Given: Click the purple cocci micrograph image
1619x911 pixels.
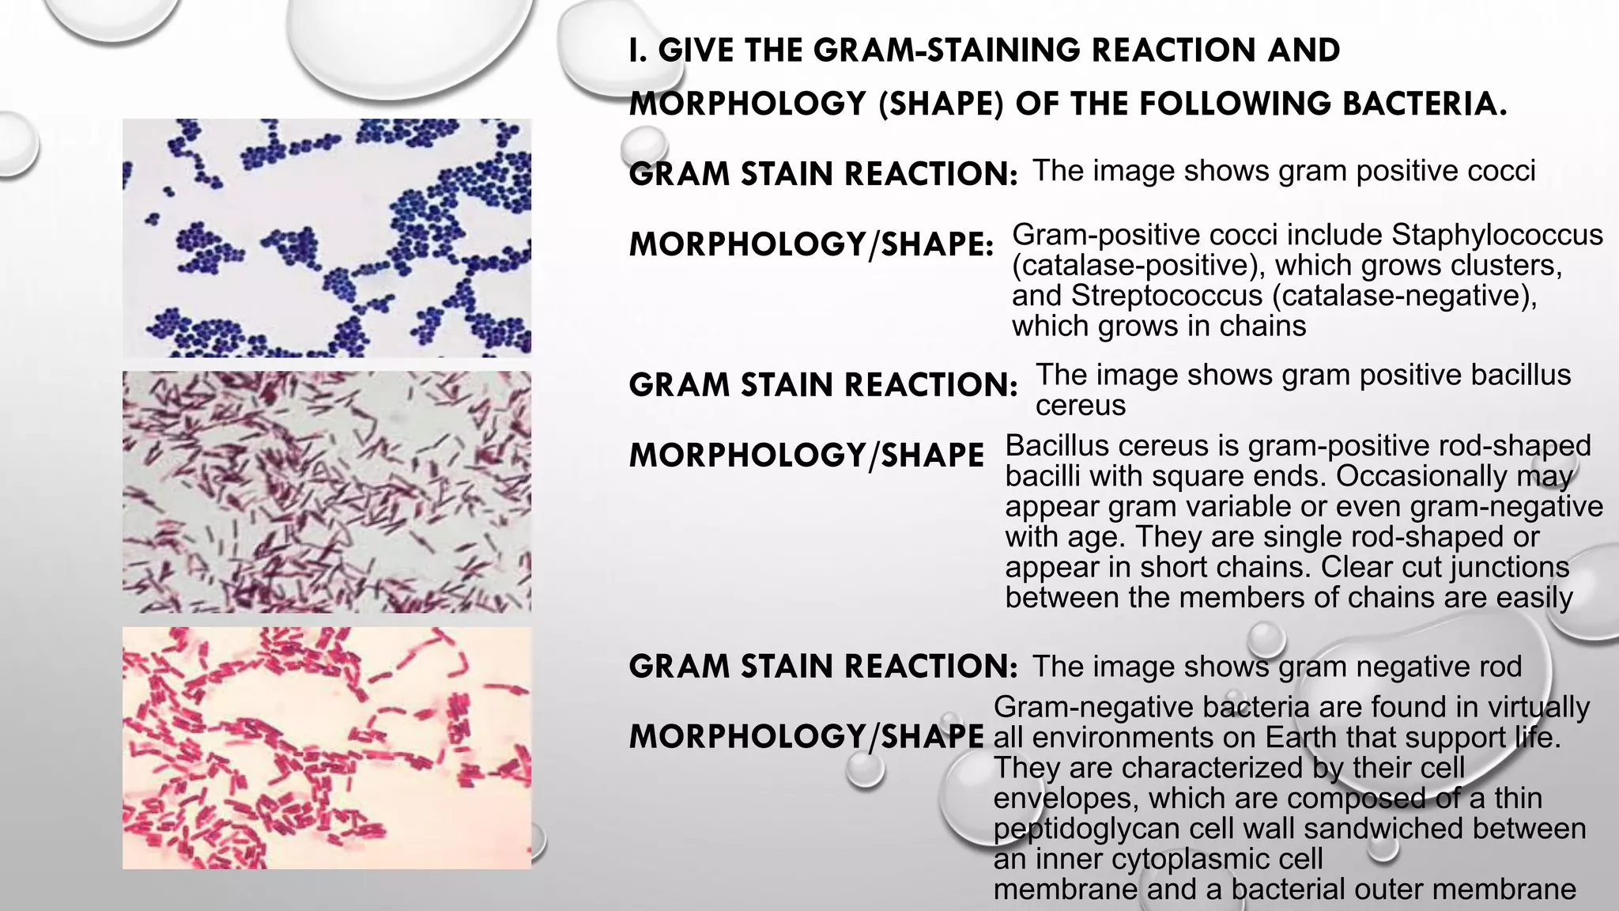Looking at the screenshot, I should [x=326, y=237].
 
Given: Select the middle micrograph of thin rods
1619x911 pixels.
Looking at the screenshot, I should [x=326, y=492].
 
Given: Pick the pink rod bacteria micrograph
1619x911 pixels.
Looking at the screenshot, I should [x=326, y=748].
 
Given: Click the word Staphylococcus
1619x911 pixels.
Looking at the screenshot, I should [x=1497, y=235].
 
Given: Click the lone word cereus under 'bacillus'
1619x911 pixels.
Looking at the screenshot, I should [x=1080, y=405].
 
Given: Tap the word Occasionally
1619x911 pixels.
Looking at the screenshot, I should [x=1420, y=476].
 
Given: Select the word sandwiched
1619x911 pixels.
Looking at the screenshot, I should [x=1388, y=828].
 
